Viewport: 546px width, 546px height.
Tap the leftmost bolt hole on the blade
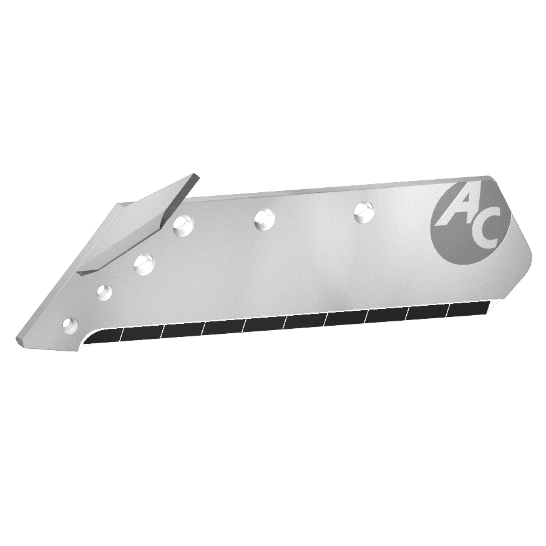point(71,324)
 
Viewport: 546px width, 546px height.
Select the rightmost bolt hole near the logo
point(362,212)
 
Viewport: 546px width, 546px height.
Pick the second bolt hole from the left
point(104,291)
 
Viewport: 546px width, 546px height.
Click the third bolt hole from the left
point(144,262)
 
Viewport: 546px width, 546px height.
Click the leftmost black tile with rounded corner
point(103,337)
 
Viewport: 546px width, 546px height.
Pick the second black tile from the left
point(142,333)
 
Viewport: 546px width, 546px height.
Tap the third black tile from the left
point(183,330)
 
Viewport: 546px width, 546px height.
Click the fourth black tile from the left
point(223,327)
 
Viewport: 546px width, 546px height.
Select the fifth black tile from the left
point(264,324)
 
